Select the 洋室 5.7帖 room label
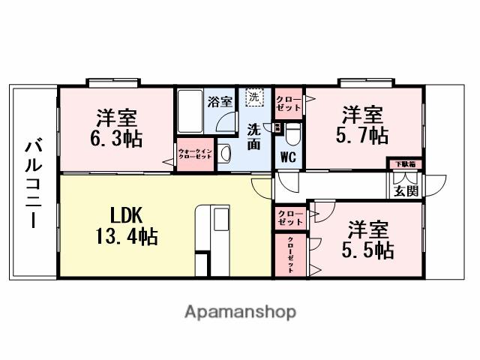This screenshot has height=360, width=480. [364, 125]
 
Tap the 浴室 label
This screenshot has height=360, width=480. [220, 101]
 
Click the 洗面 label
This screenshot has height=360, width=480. [254, 136]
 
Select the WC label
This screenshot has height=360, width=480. [288, 158]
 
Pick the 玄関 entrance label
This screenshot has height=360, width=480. [406, 190]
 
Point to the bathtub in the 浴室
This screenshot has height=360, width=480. [190, 112]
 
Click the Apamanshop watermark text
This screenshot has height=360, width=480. [240, 311]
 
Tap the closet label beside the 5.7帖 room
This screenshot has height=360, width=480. [289, 103]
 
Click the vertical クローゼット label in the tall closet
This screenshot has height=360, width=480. [290, 256]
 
